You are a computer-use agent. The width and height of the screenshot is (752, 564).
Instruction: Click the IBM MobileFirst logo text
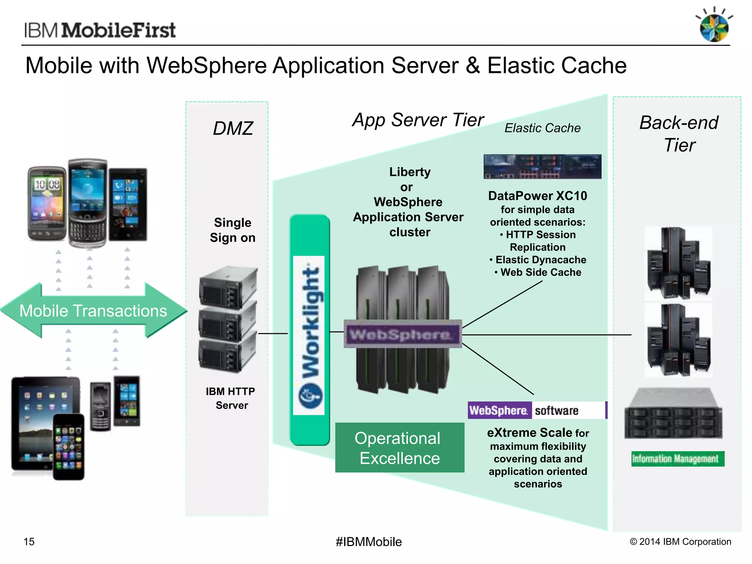click(100, 30)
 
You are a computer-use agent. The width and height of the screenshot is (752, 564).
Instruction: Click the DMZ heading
click(233, 129)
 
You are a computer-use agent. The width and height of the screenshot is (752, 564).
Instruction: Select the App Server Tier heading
click(418, 120)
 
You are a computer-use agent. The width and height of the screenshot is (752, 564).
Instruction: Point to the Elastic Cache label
click(542, 128)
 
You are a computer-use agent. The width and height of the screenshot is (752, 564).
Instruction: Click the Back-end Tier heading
click(679, 134)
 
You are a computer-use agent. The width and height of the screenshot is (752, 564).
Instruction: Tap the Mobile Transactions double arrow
click(93, 311)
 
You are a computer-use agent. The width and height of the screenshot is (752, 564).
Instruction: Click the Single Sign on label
click(232, 230)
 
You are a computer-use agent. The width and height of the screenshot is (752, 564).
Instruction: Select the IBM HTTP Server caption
click(231, 398)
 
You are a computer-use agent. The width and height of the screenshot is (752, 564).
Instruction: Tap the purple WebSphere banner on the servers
click(402, 334)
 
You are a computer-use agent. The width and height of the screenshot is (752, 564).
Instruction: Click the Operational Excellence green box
click(399, 448)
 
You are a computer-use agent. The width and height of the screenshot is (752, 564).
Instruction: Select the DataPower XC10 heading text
click(538, 196)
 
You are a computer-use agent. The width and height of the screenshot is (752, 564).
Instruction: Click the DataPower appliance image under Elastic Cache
click(542, 167)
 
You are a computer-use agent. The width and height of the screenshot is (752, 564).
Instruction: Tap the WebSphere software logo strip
click(537, 411)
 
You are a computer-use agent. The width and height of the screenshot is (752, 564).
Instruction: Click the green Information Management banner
click(678, 459)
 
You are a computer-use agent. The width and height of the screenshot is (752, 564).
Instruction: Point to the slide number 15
click(29, 542)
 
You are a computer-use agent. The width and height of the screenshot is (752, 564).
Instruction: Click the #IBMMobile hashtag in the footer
click(369, 542)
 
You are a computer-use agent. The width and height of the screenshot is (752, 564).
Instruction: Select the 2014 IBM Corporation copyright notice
click(680, 542)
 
